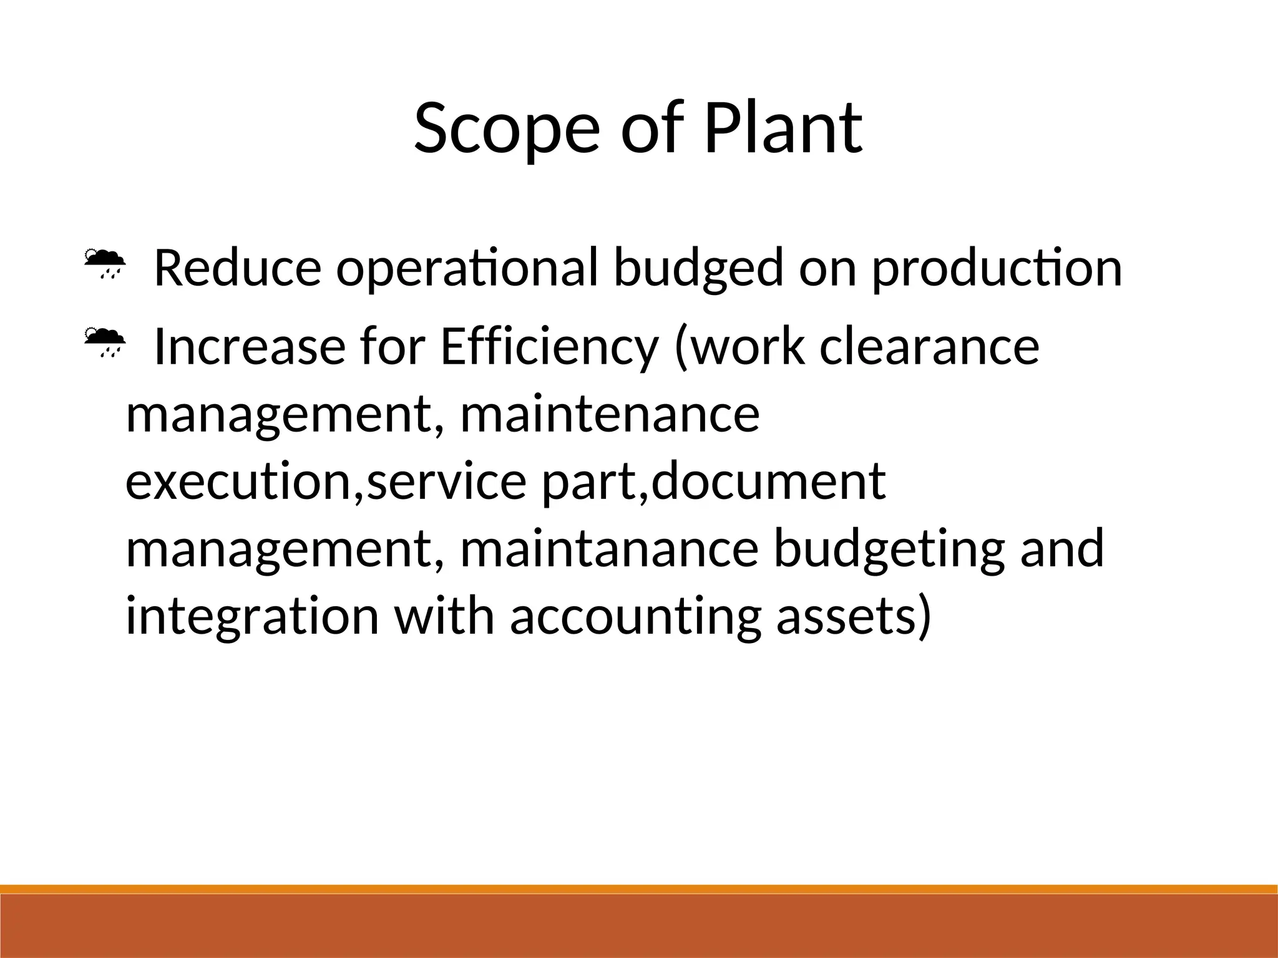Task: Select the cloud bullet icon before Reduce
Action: tap(104, 263)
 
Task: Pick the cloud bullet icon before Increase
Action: tap(104, 342)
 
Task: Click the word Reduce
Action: tap(238, 268)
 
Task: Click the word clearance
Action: tap(929, 347)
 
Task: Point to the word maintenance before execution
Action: tap(610, 414)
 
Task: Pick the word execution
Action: tap(240, 481)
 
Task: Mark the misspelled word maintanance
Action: tap(609, 549)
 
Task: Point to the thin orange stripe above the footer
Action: tap(639, 889)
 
